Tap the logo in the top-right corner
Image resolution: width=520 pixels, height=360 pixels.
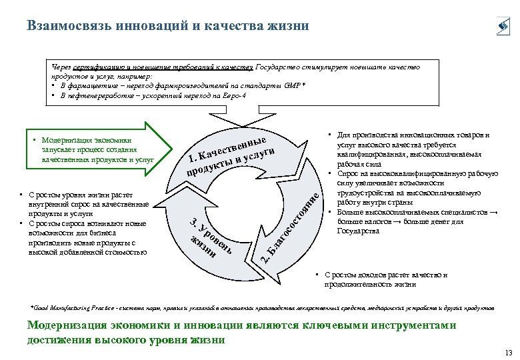[502, 27]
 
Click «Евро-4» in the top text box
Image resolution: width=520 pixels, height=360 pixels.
[232, 96]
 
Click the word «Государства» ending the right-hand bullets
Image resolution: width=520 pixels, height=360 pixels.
[359, 231]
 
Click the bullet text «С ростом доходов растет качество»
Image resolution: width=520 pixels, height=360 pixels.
[385, 275]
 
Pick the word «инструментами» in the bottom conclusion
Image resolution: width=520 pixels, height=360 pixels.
[417, 325]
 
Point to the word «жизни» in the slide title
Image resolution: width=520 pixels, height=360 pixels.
[290, 26]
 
